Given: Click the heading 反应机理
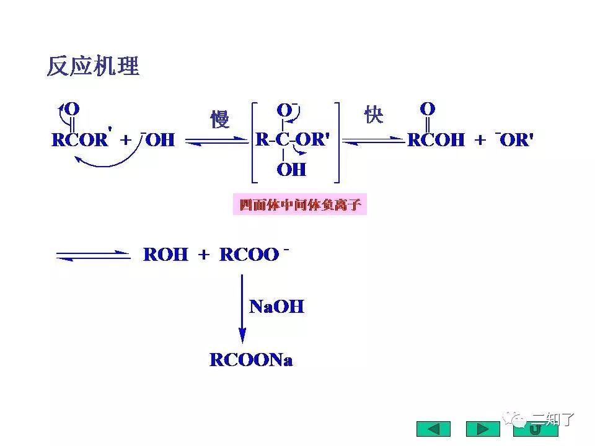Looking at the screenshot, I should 93,66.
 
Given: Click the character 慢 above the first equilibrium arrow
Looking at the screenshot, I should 219,119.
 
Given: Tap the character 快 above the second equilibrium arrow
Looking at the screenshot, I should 374,115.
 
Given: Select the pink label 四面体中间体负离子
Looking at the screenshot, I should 300,204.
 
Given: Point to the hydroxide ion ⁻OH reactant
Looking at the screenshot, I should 158,139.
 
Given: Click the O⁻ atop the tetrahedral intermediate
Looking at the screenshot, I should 286,110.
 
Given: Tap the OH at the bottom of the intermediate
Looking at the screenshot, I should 291,169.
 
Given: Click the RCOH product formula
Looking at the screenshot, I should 435,140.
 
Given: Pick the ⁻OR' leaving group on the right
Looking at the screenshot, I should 514,139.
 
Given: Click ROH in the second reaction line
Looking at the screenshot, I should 165,255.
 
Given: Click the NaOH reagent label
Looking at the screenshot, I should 276,306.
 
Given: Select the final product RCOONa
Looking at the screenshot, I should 251,360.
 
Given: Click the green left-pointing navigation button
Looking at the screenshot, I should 433,429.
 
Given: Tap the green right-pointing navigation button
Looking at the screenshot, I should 482,429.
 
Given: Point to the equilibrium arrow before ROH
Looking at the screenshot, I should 93,255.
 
